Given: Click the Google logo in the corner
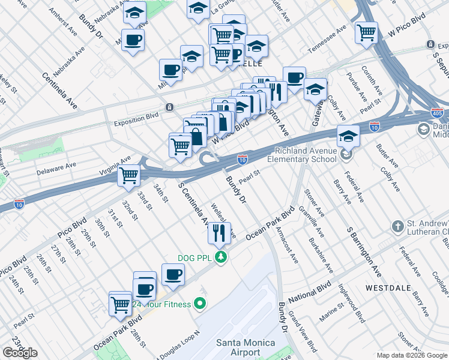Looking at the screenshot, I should (x=20, y=353).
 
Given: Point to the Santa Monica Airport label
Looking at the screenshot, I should (x=245, y=347).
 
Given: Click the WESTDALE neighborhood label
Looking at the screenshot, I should (x=384, y=288).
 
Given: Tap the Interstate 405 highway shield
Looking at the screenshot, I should (x=437, y=113).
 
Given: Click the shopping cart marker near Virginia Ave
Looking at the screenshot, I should (x=128, y=176).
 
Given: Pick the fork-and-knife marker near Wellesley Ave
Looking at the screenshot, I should (x=220, y=232).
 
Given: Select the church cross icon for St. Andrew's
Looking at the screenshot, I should (x=397, y=227).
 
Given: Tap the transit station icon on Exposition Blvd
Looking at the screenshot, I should (x=170, y=107).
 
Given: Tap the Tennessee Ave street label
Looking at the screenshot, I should (x=327, y=40).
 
